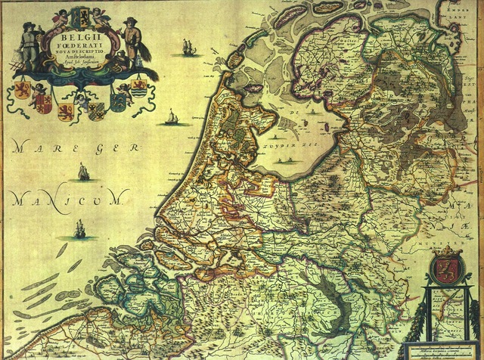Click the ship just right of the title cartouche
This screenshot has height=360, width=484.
point(186,48)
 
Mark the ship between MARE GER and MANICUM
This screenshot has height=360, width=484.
point(82,172)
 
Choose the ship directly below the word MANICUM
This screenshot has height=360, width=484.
point(79,228)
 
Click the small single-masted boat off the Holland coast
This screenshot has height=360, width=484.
point(172,118)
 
